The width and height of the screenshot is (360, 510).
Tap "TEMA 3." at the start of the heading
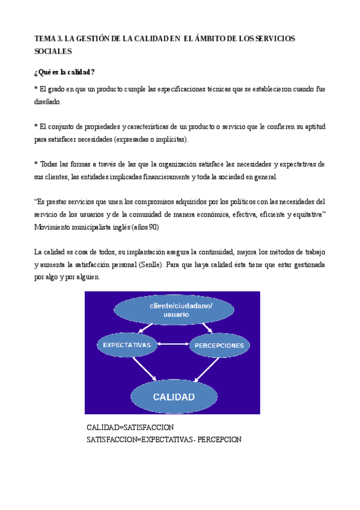[48, 39]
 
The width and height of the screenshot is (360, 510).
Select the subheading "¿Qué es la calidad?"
[64, 72]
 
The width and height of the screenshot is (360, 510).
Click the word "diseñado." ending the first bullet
[47, 102]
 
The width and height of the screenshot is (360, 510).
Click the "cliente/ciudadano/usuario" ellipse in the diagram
[172, 310]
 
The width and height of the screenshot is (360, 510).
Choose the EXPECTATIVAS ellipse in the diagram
[127, 345]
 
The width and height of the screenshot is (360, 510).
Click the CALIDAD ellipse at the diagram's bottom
[173, 396]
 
